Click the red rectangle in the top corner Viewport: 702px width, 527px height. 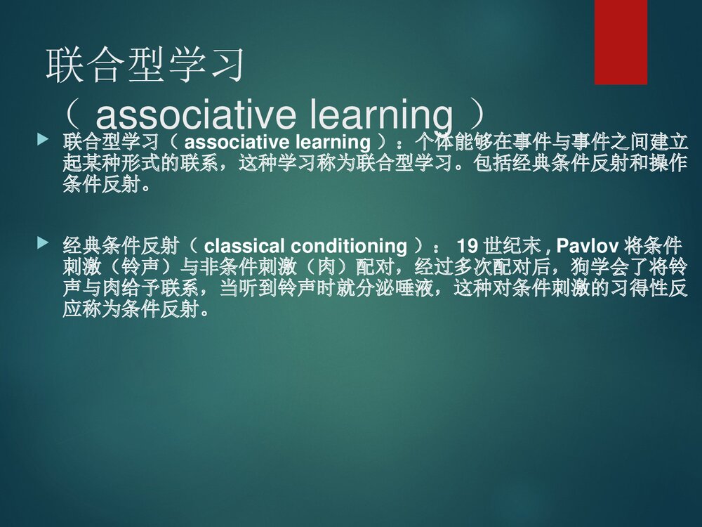621,41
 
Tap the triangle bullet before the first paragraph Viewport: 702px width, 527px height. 44,142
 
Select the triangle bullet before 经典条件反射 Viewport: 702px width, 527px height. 44,244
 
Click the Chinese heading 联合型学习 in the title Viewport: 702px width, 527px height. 145,65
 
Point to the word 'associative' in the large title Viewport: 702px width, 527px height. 187,113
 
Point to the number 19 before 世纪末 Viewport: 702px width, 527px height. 468,246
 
